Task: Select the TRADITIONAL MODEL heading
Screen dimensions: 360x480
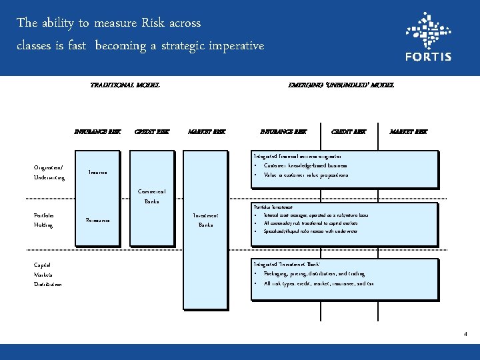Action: point(125,85)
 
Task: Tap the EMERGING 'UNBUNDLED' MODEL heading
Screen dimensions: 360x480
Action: point(341,85)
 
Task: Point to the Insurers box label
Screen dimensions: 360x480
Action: point(98,173)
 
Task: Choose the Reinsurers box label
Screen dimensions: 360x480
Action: point(98,220)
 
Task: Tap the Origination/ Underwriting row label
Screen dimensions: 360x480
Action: point(49,173)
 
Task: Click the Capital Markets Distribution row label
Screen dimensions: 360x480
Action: point(47,274)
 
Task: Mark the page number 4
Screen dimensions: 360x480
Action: point(465,333)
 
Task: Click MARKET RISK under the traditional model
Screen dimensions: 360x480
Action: point(207,132)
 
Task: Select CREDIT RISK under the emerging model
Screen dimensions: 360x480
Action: point(349,132)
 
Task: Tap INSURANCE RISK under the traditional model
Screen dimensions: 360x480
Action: point(98,132)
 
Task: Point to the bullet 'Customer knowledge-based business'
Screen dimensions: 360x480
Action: point(305,165)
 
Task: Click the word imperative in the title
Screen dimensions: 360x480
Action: point(237,46)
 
